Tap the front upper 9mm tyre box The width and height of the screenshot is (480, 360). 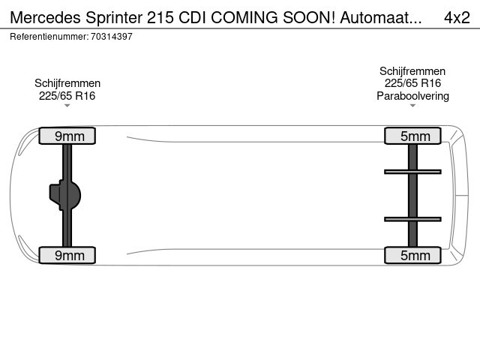67,136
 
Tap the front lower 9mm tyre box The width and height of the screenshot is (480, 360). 67,255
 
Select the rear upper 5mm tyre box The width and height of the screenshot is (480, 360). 412,136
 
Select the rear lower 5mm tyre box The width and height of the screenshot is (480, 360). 412,255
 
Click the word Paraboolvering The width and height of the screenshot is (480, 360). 412,95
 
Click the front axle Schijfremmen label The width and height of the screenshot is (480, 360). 67,83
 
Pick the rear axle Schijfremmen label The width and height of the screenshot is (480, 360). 412,71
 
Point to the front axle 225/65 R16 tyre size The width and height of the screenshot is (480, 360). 67,95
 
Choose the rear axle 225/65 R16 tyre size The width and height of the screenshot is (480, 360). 412,83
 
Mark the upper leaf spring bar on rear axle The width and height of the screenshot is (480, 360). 412,172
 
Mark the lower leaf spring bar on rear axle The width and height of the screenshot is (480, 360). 412,219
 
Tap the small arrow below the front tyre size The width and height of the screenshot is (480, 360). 67,106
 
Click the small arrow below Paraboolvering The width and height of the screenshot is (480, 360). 412,106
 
